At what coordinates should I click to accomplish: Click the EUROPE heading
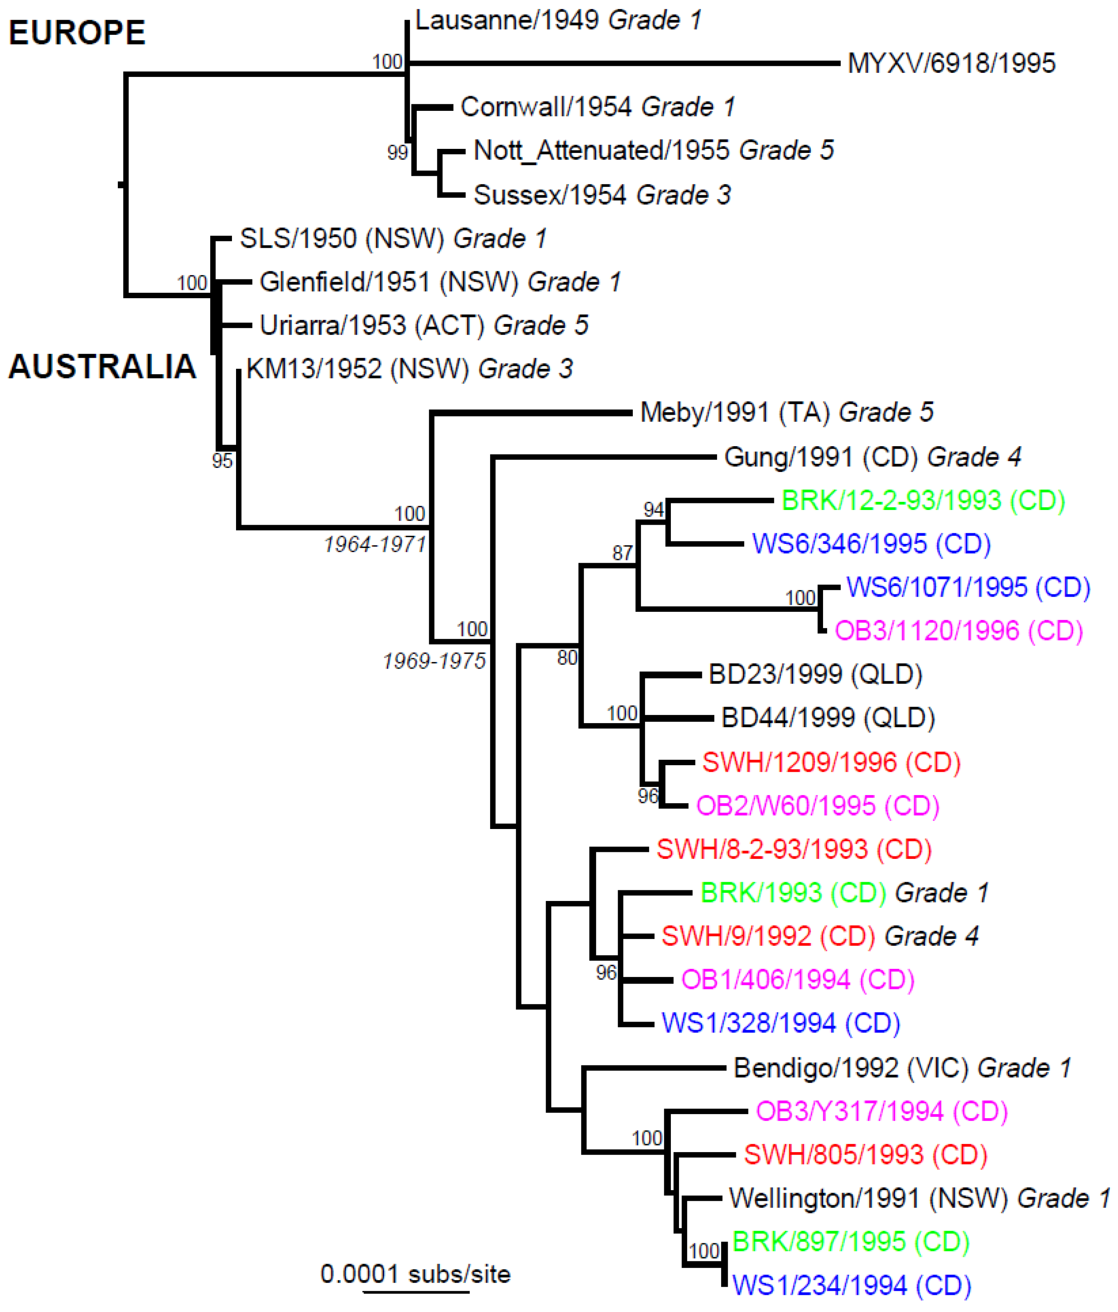(76, 33)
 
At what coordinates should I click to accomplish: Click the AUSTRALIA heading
(102, 366)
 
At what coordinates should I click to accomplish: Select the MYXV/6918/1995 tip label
(951, 63)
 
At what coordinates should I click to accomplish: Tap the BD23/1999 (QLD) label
(814, 674)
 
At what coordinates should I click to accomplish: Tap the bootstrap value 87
(622, 553)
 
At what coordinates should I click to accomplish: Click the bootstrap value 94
(654, 510)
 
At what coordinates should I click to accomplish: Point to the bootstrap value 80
(567, 658)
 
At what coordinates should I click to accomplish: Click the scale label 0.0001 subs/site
(416, 1274)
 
